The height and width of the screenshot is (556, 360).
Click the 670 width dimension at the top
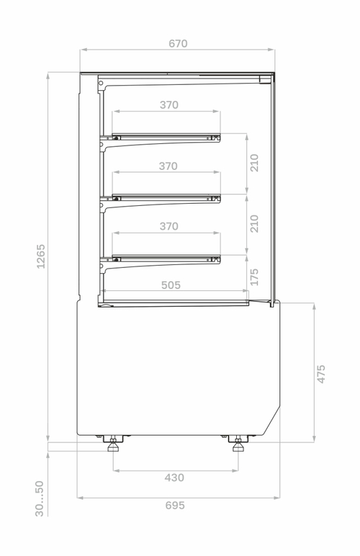pyautogui.click(x=178, y=43)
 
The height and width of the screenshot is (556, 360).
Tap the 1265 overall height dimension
pyautogui.click(x=41, y=256)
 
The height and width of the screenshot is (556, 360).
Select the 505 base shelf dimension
pyautogui.click(x=171, y=285)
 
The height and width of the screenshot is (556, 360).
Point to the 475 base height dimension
pyautogui.click(x=321, y=373)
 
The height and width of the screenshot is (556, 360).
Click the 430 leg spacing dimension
pyautogui.click(x=174, y=477)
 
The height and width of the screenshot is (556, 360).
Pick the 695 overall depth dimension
pyautogui.click(x=175, y=506)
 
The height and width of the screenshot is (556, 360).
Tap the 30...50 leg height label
pyautogui.click(x=40, y=498)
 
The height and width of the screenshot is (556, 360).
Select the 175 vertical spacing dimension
pyautogui.click(x=254, y=277)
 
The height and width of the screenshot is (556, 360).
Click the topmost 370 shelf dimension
pyautogui.click(x=168, y=105)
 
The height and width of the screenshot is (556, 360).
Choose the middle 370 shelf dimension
pyautogui.click(x=168, y=166)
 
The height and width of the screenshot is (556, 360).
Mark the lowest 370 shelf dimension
pyautogui.click(x=168, y=226)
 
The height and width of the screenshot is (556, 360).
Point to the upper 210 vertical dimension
pyautogui.click(x=254, y=163)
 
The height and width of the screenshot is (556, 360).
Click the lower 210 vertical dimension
pyautogui.click(x=254, y=223)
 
